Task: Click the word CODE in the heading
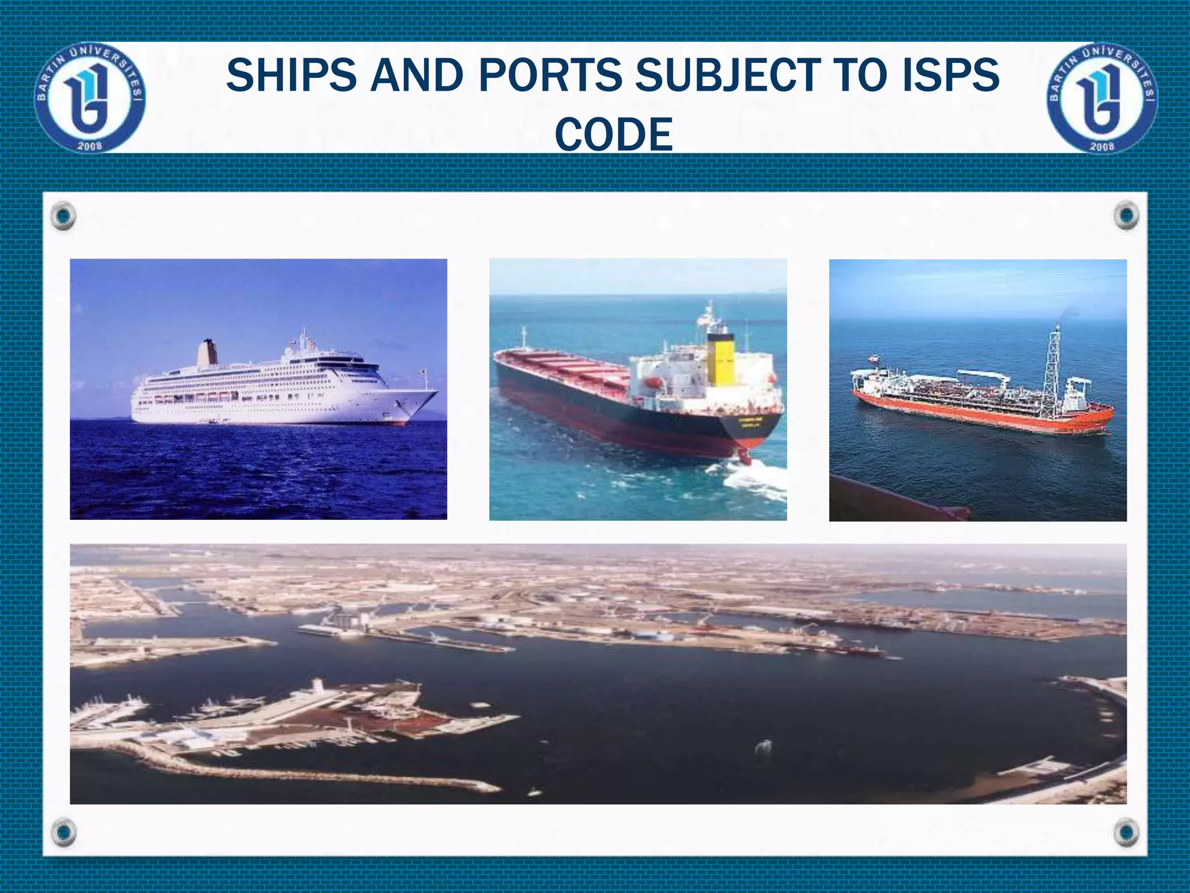(x=614, y=134)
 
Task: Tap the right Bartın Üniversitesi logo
(x=1102, y=98)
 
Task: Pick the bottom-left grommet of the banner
(x=63, y=832)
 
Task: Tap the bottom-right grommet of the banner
(x=1126, y=832)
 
